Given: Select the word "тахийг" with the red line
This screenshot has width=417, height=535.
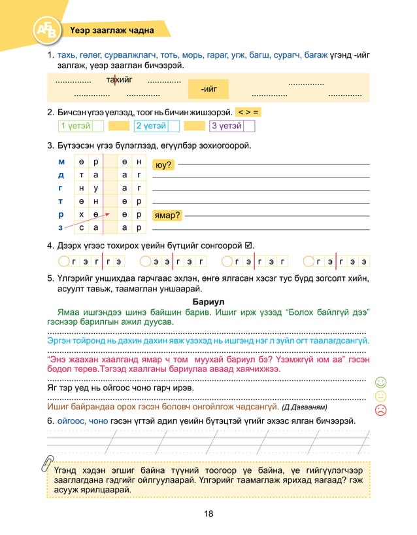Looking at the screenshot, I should coord(118,80).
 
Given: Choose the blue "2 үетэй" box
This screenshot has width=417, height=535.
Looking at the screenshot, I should coord(150,126).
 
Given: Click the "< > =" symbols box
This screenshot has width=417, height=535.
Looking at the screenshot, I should coord(248,112).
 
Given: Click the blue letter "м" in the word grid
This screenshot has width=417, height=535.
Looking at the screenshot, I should coord(61,162).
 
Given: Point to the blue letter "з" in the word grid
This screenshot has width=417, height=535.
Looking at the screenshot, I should coord(61,227).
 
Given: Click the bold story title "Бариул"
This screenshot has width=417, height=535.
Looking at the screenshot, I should coord(208,301).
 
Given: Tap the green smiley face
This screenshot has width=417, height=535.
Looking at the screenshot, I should coord(381,382).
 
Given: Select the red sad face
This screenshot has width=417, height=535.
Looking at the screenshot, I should coord(381,410).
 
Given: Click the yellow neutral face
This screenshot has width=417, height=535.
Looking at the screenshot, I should coord(381,396).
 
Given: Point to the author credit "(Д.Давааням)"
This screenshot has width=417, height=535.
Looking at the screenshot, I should coord(305,407).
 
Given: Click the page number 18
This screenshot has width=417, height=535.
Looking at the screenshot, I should coord(208,513).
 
